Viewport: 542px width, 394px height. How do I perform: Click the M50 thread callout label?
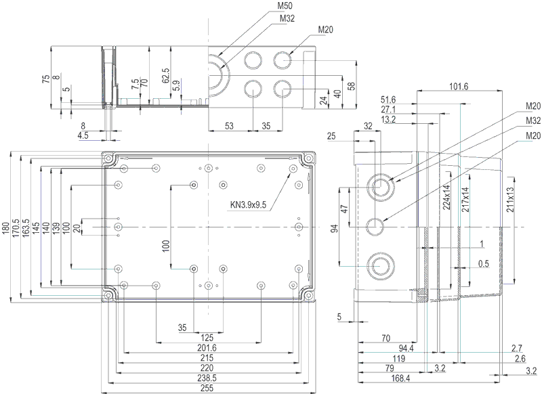pos(285,6)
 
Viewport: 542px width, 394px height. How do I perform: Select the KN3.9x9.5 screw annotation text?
pos(248,204)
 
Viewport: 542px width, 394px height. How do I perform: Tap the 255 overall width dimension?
pos(207,388)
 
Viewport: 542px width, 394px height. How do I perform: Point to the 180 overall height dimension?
pos(6,228)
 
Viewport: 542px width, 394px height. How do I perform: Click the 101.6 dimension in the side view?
pos(459,86)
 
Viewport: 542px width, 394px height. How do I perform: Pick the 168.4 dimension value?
pos(400,378)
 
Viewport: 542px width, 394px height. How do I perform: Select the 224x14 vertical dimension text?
pos(446,197)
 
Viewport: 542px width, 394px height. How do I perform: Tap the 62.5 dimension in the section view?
pos(165,75)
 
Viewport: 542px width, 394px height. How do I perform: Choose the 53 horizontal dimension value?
pos(229,126)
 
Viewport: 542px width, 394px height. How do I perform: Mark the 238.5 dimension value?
pos(207,378)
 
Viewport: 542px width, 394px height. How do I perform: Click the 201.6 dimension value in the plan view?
pos(207,348)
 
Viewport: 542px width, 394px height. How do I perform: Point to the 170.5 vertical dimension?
pos(16,228)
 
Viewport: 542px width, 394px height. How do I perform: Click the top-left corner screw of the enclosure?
pos(108,159)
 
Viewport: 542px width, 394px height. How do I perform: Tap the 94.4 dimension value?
pos(406,349)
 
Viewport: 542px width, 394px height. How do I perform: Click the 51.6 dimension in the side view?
pos(388,100)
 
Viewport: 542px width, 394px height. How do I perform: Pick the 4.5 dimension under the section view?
pos(83,135)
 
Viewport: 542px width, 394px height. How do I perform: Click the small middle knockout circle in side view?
pos(375,227)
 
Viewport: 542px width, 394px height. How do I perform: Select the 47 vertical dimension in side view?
pos(344,209)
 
